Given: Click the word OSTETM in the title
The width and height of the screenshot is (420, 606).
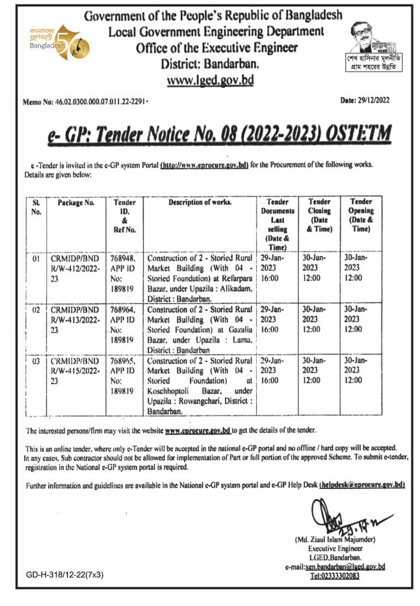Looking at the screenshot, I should (356, 135).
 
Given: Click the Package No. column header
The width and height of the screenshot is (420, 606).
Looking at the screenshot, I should (76, 203).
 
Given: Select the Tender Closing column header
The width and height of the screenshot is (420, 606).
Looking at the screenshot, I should (319, 215).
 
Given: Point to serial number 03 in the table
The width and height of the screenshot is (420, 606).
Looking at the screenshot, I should (36, 360).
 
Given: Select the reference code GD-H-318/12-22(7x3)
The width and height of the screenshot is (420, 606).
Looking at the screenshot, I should (65, 575).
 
